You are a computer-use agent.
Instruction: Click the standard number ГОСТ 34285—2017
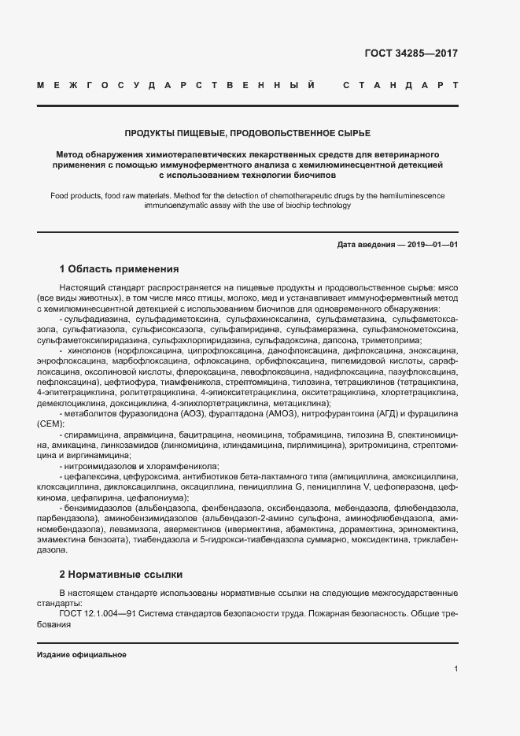click(411, 54)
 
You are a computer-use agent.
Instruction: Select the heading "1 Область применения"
click(119, 269)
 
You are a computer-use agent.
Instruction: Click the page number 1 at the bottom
click(455, 669)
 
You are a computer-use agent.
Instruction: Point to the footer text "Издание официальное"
click(81, 655)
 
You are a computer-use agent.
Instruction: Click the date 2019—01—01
click(433, 245)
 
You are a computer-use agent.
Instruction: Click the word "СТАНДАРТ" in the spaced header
click(400, 84)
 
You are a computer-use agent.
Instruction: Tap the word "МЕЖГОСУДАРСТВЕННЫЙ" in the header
click(177, 84)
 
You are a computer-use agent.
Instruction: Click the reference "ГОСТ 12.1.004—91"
click(97, 612)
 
